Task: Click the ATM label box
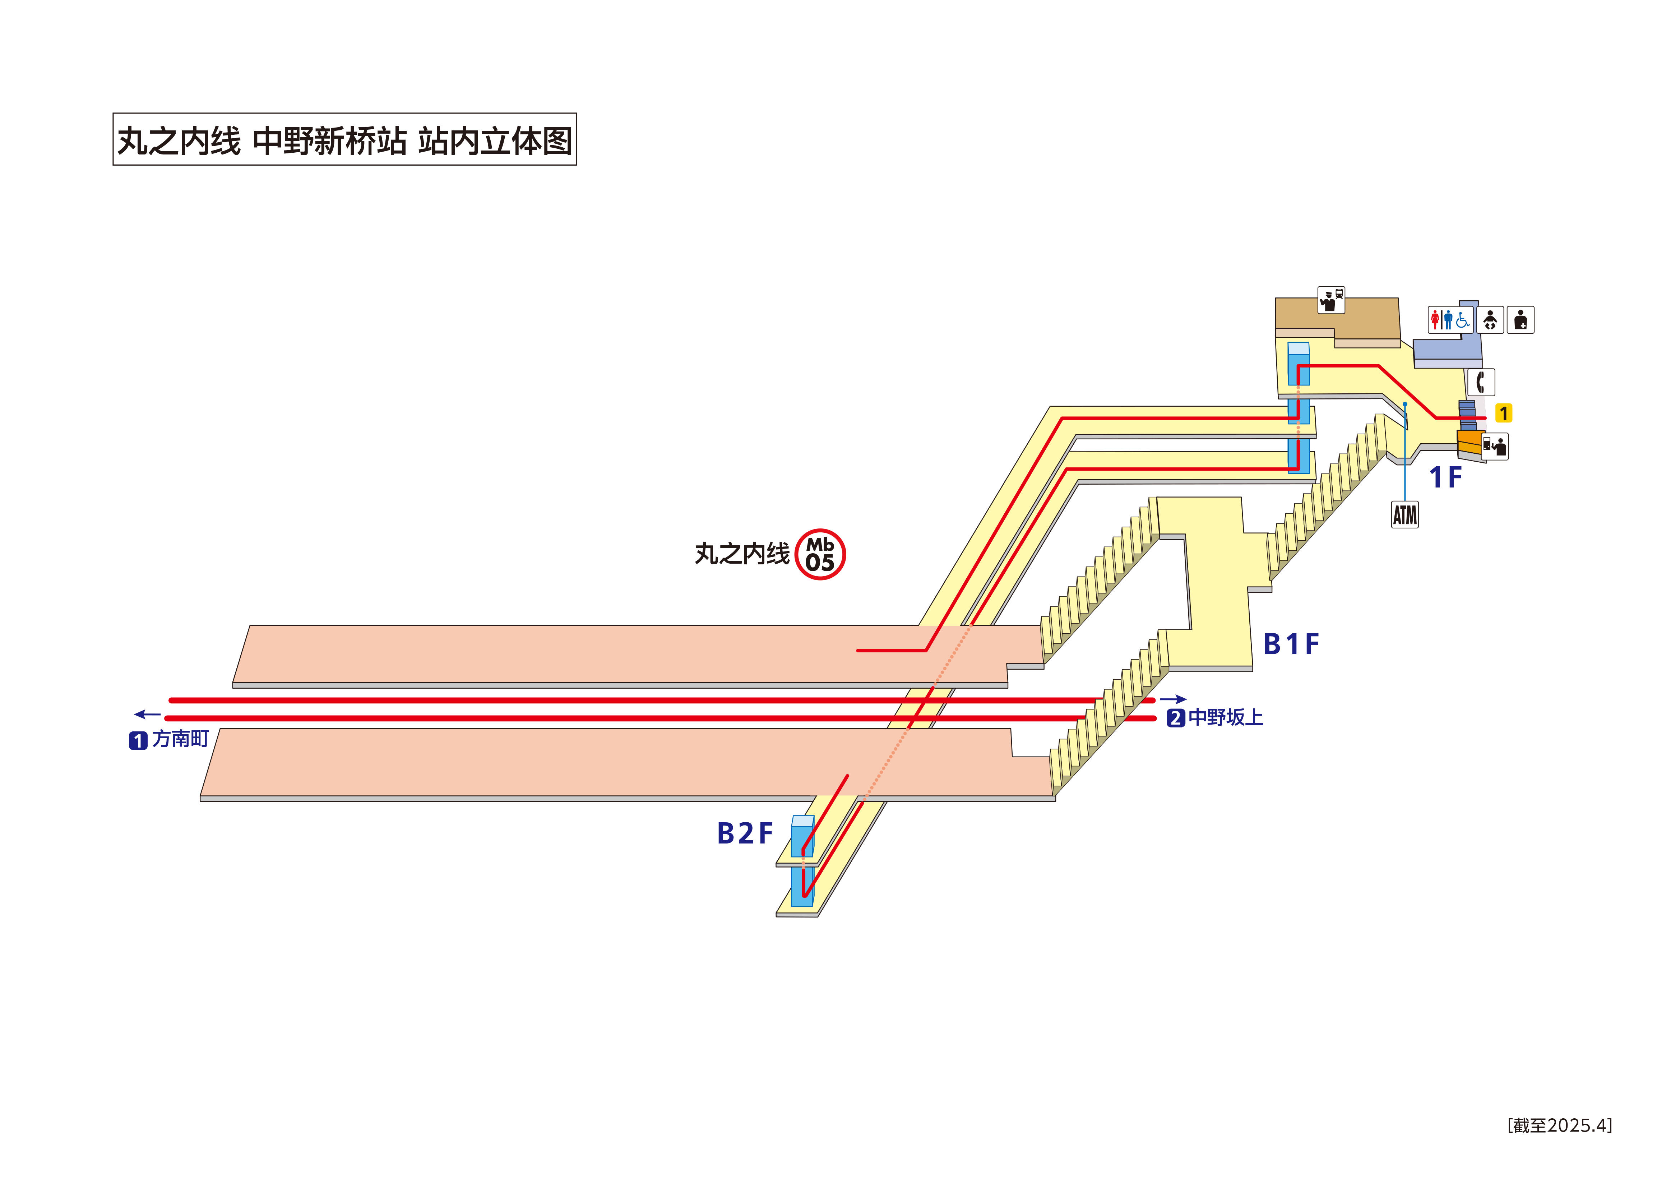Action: pos(1404,514)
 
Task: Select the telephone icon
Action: pos(1480,382)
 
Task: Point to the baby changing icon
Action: pos(1490,320)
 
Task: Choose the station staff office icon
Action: pos(1331,299)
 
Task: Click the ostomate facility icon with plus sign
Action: pos(1521,320)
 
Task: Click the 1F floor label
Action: pos(1445,477)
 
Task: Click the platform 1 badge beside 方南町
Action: pos(138,741)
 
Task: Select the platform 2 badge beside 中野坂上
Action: pos(1175,718)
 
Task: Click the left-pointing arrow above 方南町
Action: pos(147,715)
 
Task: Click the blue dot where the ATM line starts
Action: pos(1405,404)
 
